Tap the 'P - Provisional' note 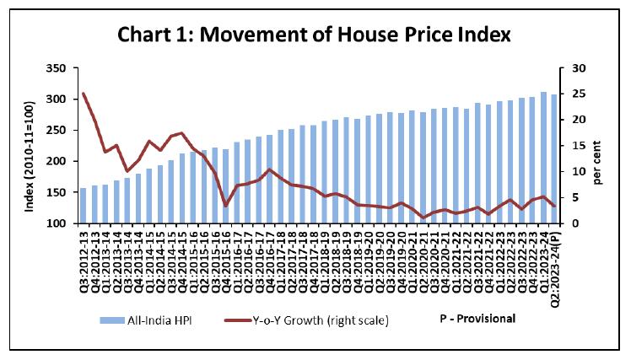coord(477,319)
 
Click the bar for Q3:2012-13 coord(83,206)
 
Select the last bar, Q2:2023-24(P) coord(553,159)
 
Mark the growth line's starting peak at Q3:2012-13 coord(83,94)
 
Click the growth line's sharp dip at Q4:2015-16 coord(225,205)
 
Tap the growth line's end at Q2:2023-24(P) coord(553,206)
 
